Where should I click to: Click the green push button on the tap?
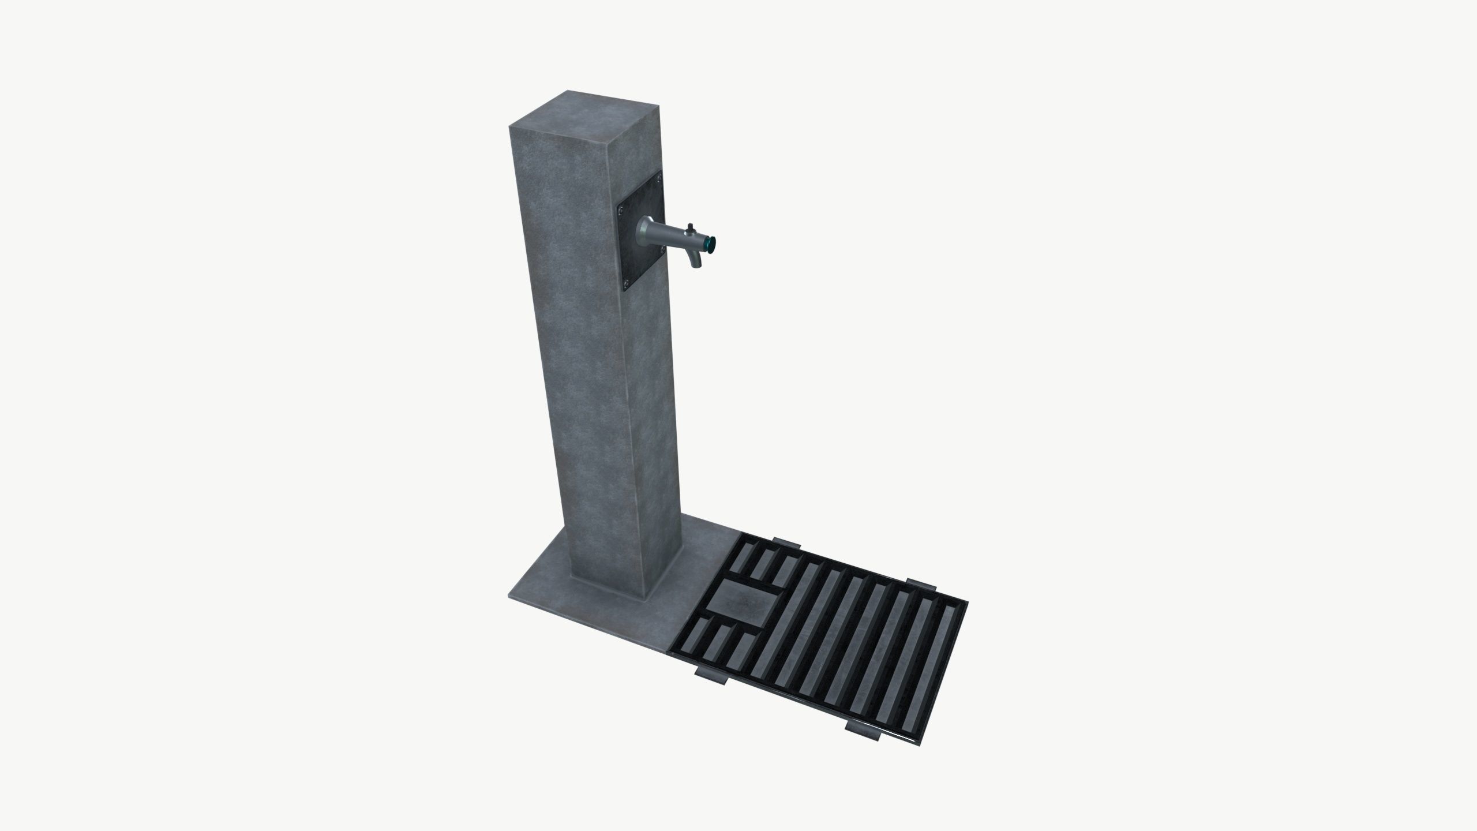[x=712, y=245]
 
